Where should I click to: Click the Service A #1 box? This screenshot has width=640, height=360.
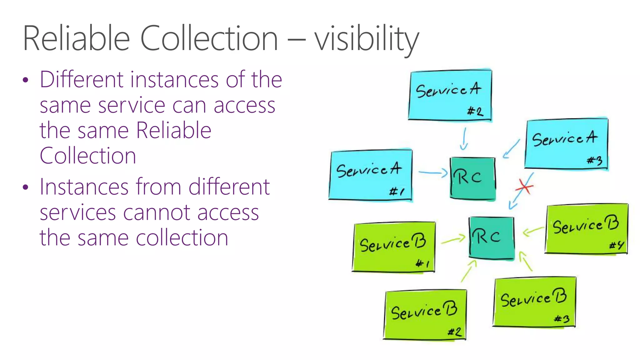click(x=371, y=175)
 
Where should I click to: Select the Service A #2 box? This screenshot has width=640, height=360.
click(x=450, y=95)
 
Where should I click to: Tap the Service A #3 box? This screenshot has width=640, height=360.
click(x=566, y=144)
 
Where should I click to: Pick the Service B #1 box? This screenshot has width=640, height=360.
click(x=393, y=247)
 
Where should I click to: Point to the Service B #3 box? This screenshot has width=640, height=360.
click(x=534, y=302)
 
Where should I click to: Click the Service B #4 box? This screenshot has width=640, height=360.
click(x=586, y=229)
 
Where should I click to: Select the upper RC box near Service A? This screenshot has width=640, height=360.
click(x=472, y=177)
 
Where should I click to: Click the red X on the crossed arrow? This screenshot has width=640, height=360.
click(x=524, y=187)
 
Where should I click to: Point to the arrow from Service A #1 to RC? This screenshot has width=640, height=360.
click(x=433, y=172)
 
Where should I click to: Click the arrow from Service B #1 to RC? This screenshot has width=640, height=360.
click(x=453, y=240)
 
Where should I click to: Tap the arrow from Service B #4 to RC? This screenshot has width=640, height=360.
click(x=533, y=231)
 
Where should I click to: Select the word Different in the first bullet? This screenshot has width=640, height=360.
click(x=81, y=79)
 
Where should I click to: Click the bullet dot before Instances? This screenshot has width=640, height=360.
click(x=26, y=187)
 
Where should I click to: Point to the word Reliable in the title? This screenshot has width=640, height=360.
click(x=76, y=39)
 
